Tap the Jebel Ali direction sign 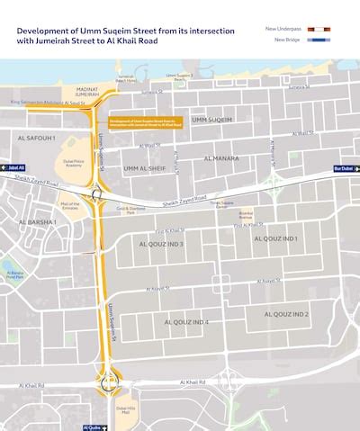pyautogui.click(x=13, y=167)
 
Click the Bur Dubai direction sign pyautogui.click(x=345, y=167)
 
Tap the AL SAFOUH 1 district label pyautogui.click(x=36, y=138)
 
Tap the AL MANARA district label pyautogui.click(x=220, y=158)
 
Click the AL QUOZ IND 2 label pyautogui.click(x=285, y=314)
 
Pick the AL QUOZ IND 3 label pyautogui.click(x=162, y=244)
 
